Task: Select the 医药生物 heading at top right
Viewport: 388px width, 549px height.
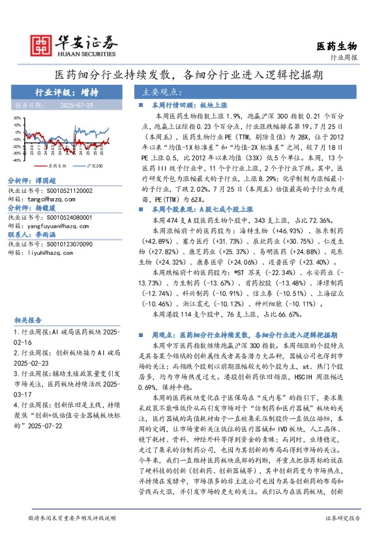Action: pos(336,46)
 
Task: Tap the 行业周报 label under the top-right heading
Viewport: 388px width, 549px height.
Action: pos(344,57)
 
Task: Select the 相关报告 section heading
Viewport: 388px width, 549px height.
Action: pos(27,320)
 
